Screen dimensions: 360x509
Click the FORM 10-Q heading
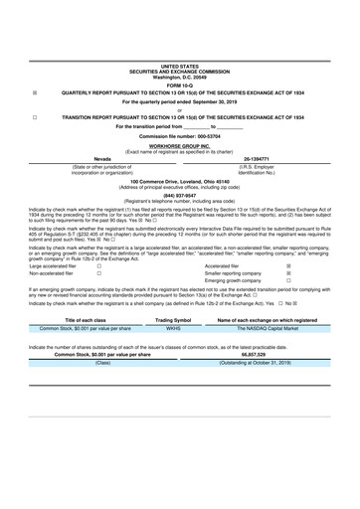(180, 31)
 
